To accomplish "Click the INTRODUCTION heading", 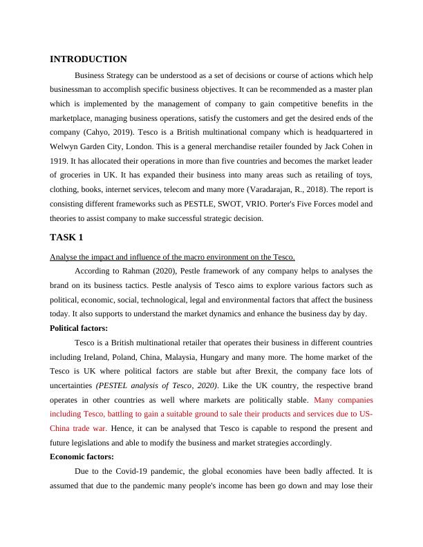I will (x=88, y=59).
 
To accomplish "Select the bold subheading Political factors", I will (x=79, y=328).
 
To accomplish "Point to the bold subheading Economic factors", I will (x=82, y=457).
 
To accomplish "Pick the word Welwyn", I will (x=66, y=146).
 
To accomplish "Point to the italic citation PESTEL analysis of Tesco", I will (x=158, y=385).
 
